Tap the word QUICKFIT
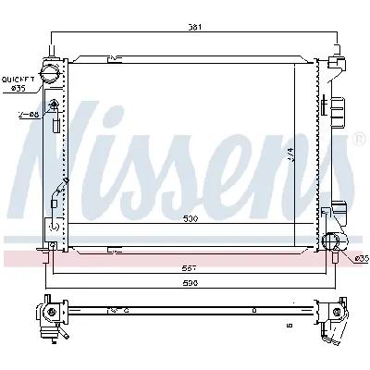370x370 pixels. (18, 80)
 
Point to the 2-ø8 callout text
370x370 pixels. (27, 115)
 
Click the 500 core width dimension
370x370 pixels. (189, 220)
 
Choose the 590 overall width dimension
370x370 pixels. (190, 283)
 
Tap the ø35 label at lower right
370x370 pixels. (361, 258)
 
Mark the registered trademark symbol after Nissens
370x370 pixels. (359, 140)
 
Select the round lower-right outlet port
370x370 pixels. (334, 241)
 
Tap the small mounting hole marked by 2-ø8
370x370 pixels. (55, 105)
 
